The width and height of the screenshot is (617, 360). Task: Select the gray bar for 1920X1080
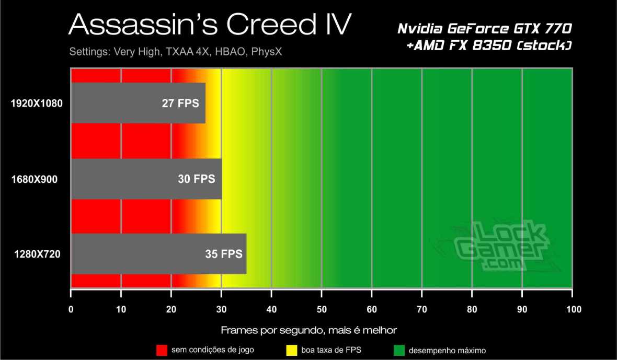tap(115, 103)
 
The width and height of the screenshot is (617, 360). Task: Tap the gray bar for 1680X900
tap(120, 179)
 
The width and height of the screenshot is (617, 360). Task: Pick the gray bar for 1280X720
tap(131, 254)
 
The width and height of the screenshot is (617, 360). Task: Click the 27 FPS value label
tap(180, 103)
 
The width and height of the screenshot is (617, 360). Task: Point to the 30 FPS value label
tap(197, 179)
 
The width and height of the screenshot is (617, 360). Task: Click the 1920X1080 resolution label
tap(37, 103)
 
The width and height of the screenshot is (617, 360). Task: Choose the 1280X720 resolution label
tap(37, 255)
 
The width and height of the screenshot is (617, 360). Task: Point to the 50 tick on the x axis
tap(322, 309)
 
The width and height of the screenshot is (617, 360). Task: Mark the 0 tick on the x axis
tap(71, 309)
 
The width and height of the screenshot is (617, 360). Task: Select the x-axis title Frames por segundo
tap(308, 330)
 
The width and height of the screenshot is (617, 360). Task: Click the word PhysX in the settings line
tap(269, 52)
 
